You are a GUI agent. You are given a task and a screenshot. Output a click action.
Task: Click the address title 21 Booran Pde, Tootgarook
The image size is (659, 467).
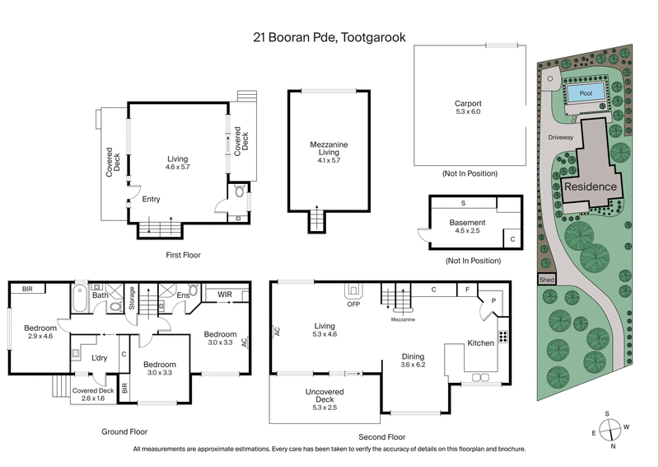coord(329,36)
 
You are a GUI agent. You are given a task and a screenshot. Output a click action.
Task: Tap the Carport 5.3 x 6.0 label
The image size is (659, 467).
coord(468,107)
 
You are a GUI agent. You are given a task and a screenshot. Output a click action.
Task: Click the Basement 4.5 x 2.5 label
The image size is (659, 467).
coord(466,225)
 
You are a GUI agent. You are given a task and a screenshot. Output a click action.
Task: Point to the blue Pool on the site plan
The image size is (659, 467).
coord(586,93)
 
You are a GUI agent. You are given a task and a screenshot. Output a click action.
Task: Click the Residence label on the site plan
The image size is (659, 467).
coord(591,187)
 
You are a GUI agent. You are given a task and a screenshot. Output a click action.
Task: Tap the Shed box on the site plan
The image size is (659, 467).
coord(546,279)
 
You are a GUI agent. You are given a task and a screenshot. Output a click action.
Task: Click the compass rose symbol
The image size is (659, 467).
coord(610,429)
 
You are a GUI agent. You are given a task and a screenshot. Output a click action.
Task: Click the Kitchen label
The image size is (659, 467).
coord(481,342)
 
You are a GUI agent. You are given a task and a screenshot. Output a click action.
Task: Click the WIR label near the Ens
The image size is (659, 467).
coord(224,293)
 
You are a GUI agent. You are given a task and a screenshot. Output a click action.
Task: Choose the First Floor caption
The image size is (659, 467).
coord(182,255)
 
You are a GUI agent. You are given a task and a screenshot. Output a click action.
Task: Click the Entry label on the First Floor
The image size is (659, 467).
coord(150,199)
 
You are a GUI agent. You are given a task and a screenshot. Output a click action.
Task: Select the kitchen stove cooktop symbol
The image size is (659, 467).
coord(502,337)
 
